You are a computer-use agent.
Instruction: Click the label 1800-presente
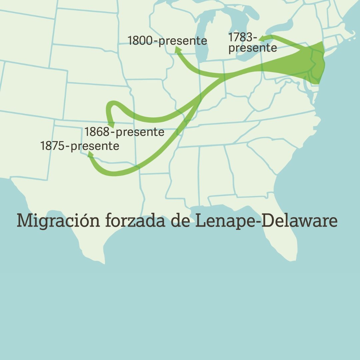pyautogui.click(x=167, y=41)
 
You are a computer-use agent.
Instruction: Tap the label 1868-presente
pyautogui.click(x=124, y=132)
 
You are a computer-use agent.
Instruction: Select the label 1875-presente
pyautogui.click(x=80, y=146)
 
